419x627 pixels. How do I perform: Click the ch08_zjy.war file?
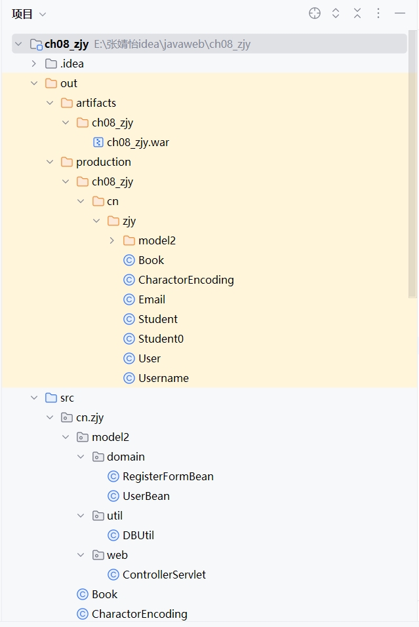[138, 142]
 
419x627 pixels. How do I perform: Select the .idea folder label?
[71, 64]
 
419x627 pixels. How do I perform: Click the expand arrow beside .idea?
[34, 64]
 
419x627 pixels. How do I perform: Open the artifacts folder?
[96, 103]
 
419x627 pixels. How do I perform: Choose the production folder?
[103, 162]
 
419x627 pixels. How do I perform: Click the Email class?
[151, 299]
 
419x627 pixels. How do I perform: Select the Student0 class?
[161, 339]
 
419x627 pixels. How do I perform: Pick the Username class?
[163, 378]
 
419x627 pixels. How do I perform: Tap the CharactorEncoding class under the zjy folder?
[186, 280]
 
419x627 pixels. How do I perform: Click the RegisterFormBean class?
[168, 476]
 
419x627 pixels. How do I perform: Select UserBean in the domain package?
[146, 496]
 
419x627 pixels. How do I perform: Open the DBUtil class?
[138, 535]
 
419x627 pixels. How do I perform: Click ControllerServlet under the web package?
[164, 575]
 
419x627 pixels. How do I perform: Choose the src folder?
[67, 398]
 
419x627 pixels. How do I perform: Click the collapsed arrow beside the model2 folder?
[112, 240]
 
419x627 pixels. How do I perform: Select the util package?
[114, 516]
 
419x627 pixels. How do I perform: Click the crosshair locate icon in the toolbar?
[315, 13]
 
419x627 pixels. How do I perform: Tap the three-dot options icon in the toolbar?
[378, 13]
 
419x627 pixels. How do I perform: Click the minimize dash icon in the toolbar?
[399, 13]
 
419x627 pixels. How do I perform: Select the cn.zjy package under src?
[90, 417]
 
